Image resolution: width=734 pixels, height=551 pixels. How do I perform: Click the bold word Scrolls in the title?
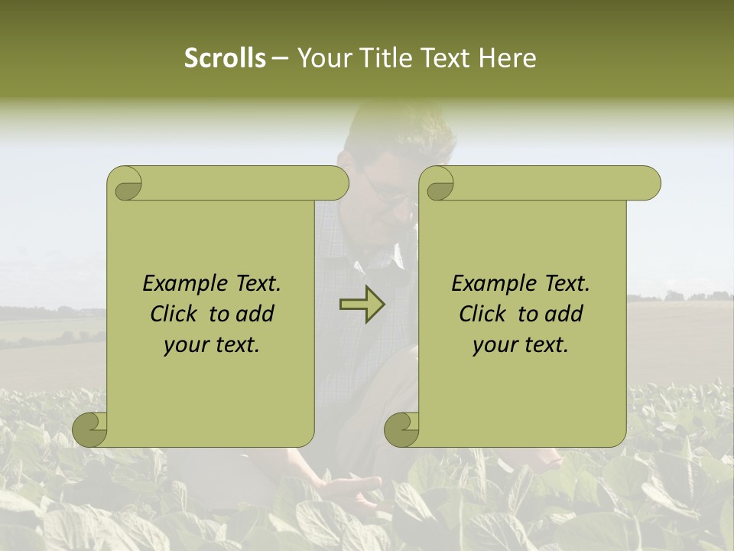point(226,58)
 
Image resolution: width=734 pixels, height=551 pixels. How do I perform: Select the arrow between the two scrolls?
point(362,305)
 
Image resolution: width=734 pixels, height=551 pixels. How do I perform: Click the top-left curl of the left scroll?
point(125,184)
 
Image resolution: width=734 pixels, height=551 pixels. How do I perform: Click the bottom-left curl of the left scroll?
point(90,429)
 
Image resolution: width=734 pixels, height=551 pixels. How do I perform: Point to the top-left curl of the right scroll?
point(437,184)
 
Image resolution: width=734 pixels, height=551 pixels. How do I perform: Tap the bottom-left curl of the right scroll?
point(402,429)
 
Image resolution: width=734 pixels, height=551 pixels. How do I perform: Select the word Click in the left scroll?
point(175,315)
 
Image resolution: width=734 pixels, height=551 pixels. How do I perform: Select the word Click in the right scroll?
point(484,315)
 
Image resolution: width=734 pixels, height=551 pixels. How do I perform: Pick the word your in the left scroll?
point(186,346)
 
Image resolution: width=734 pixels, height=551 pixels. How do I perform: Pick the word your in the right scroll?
point(495,346)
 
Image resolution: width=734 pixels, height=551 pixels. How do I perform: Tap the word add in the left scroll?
point(256,315)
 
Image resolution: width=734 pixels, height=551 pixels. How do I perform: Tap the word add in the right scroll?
point(565,315)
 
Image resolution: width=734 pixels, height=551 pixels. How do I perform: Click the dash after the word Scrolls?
point(279,59)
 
